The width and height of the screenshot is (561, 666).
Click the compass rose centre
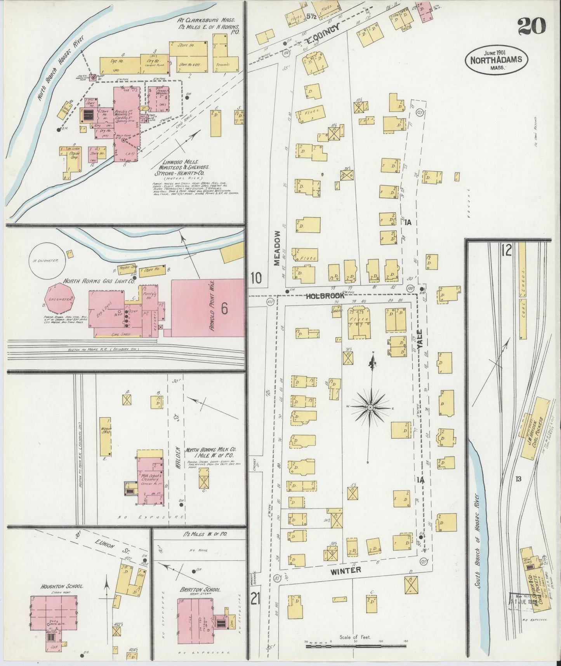[370, 406]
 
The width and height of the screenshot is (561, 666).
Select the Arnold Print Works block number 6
[224, 309]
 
